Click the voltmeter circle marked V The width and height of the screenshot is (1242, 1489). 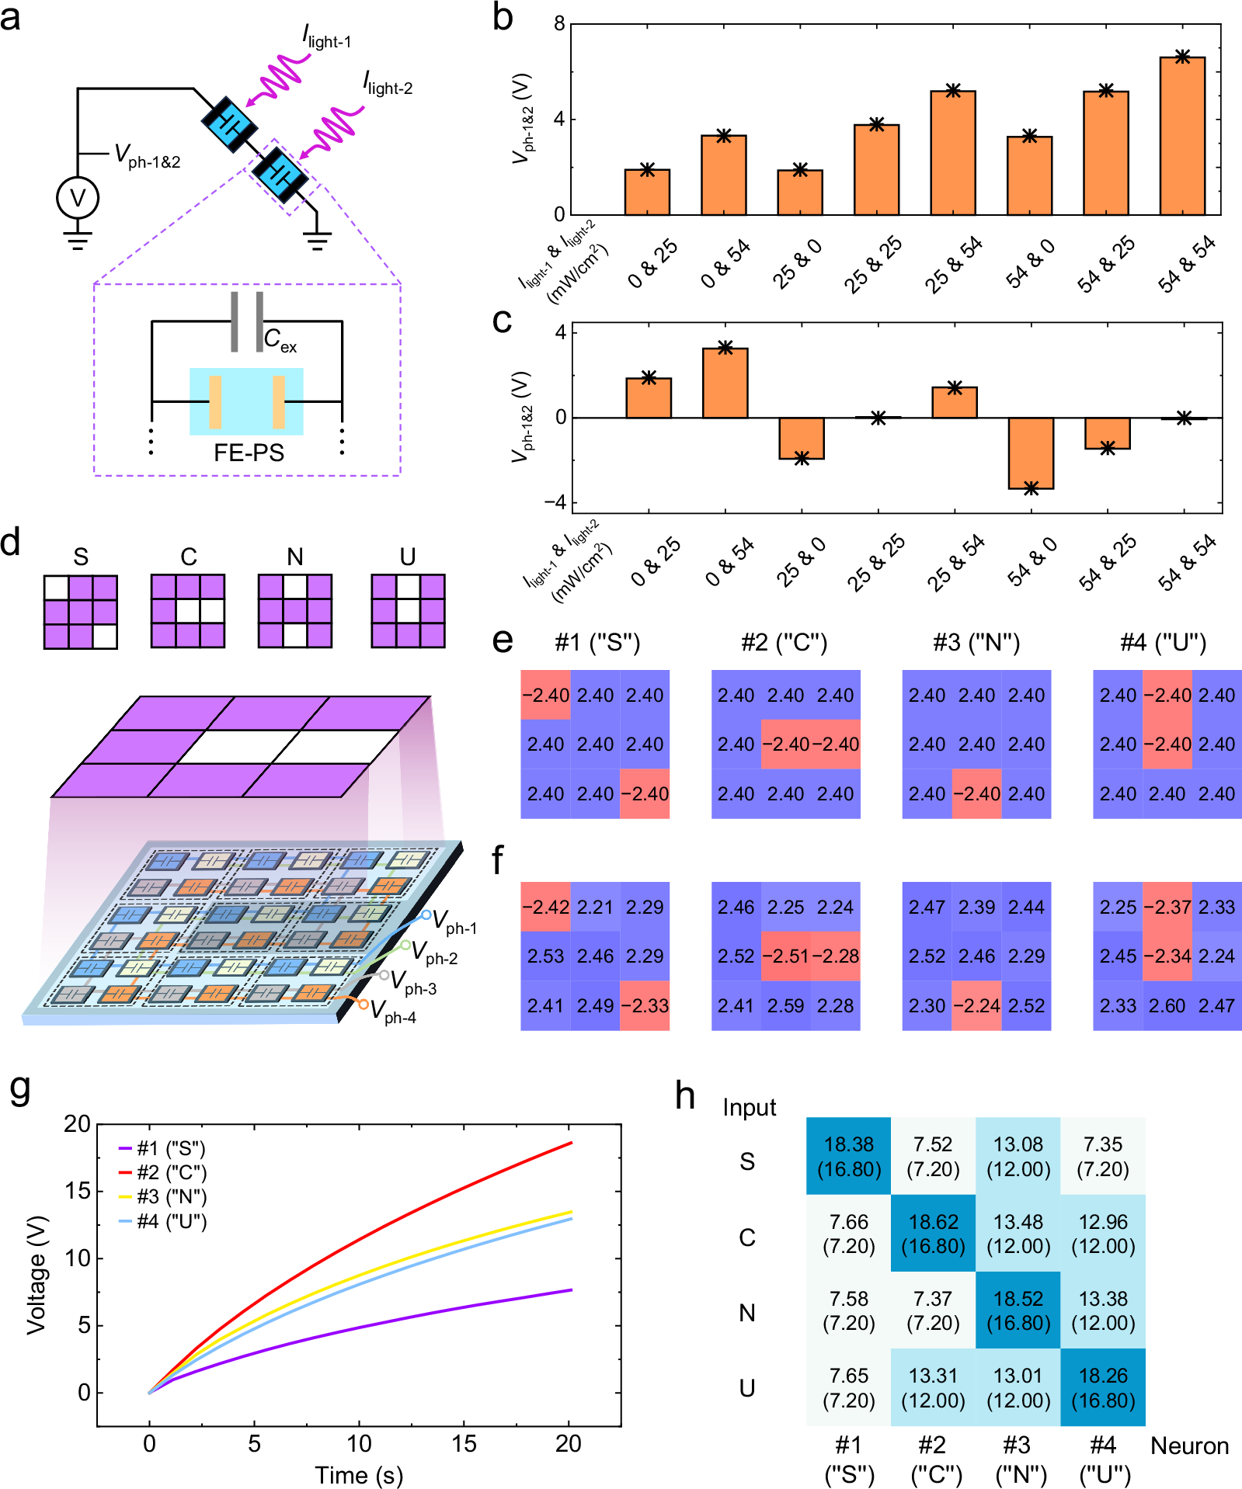(78, 198)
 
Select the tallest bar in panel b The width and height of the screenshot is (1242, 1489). (1182, 136)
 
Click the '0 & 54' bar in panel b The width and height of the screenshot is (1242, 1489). (723, 175)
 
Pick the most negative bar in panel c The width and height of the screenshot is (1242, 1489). (1031, 453)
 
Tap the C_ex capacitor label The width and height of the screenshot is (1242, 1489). (280, 339)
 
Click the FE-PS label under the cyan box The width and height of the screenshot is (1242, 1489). (249, 453)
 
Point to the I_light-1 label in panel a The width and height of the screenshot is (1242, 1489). (327, 36)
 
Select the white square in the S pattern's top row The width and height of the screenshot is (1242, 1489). (56, 588)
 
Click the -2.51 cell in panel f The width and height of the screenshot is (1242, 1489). (785, 956)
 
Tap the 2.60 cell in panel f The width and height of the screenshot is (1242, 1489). (1167, 1006)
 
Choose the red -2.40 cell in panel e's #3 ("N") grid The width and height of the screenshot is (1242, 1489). (976, 794)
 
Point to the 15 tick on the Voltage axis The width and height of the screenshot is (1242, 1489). (78, 1191)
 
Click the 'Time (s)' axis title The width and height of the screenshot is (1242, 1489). (359, 1474)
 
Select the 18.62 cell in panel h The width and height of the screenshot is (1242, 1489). (933, 1234)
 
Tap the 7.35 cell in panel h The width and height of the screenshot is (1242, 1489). (1103, 1156)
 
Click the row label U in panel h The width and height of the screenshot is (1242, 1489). (746, 1387)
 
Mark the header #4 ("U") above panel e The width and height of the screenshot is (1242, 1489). (1163, 643)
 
